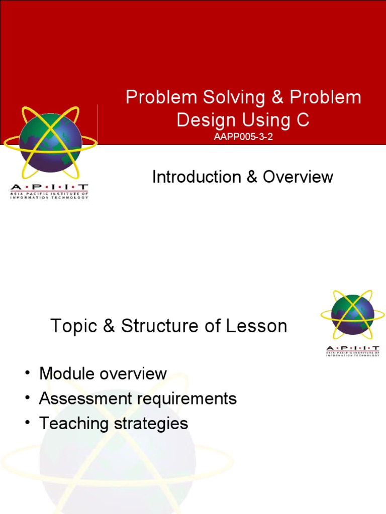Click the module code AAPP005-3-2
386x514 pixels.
coord(243,137)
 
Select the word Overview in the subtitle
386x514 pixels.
coord(298,177)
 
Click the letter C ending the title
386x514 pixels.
coord(302,120)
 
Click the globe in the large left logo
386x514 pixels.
coord(50,142)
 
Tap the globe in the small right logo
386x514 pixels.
coord(353,315)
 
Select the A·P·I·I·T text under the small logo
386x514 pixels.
coord(353,348)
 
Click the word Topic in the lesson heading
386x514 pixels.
coord(74,326)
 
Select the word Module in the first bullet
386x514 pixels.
coord(68,373)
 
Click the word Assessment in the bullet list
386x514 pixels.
coord(83,399)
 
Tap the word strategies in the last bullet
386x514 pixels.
coord(151,424)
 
